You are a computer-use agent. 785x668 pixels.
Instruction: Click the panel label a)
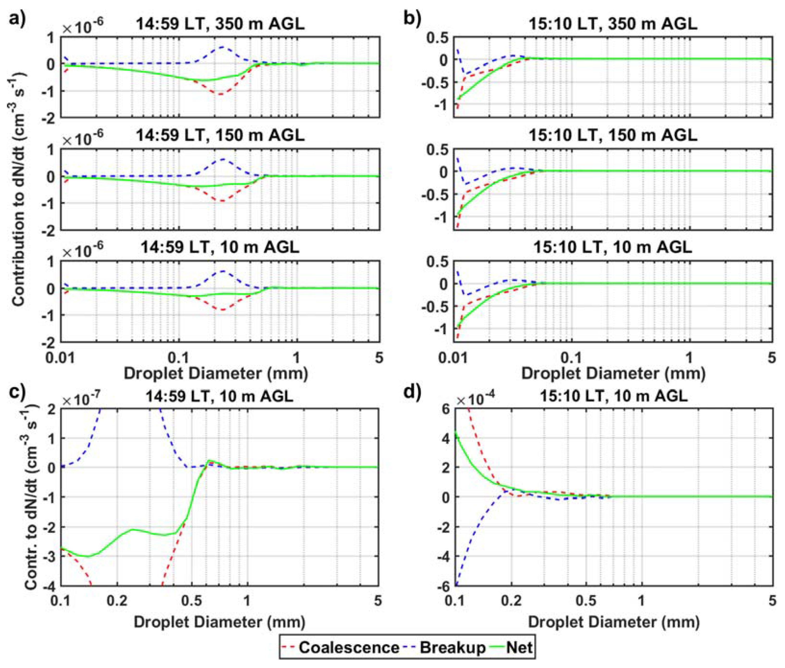(x=17, y=18)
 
